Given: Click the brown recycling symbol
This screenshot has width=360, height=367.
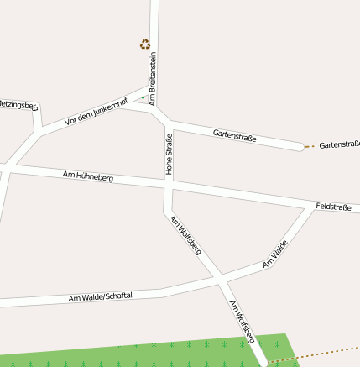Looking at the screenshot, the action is click(145, 45).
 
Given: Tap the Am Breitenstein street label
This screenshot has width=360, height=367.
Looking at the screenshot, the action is click(154, 78).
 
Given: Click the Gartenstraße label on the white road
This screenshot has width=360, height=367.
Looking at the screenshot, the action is click(234, 134).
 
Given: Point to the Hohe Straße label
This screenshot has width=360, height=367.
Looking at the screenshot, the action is click(169, 155).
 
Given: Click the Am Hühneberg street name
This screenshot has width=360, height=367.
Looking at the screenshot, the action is click(88, 176).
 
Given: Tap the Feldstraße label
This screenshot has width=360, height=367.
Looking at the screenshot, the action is click(333, 206).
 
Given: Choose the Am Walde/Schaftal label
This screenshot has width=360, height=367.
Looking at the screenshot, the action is click(101, 298).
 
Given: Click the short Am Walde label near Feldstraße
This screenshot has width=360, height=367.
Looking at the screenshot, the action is click(275, 253).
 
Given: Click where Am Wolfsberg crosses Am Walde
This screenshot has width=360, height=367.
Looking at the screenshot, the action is click(220, 276).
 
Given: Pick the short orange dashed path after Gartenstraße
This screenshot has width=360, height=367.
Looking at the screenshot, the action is click(310, 147).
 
